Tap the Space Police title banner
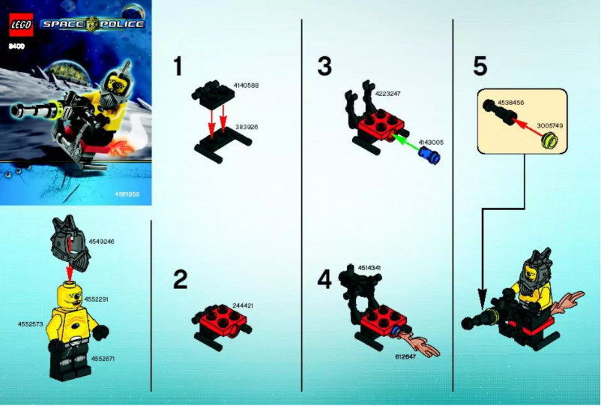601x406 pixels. point(94,24)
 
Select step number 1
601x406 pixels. point(178,68)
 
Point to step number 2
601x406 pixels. point(180,281)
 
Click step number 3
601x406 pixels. point(324,68)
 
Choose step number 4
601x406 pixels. point(324,281)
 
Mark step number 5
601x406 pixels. point(480,68)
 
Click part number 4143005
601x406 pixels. point(432,141)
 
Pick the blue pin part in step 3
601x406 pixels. point(431,157)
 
